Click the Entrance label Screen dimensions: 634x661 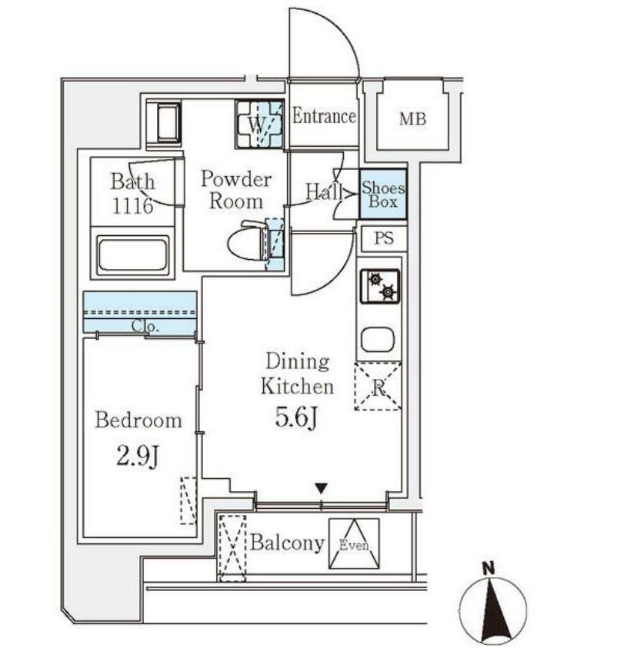pos(324,116)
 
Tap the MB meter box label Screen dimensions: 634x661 pos(412,119)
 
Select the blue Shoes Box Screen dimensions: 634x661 pos(383,194)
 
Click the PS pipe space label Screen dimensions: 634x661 pos(384,238)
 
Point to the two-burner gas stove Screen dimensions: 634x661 pos(379,286)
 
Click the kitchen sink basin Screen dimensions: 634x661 pos(378,340)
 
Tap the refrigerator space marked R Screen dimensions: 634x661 pos(378,387)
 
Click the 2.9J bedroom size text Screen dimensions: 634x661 pos(138,456)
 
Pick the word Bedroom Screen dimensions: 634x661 pos(138,420)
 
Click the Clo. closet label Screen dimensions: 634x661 pos(145,326)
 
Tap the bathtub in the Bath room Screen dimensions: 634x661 pos(132,254)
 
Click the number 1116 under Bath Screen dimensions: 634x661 pos(132,206)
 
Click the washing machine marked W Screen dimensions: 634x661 pos(259,125)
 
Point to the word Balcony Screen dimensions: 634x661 pos(287,543)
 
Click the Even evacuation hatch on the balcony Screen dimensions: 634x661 pos(354,543)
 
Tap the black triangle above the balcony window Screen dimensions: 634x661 pos(322,489)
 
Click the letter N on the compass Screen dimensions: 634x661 pos(489,569)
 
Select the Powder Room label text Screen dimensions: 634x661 pos(236,190)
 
